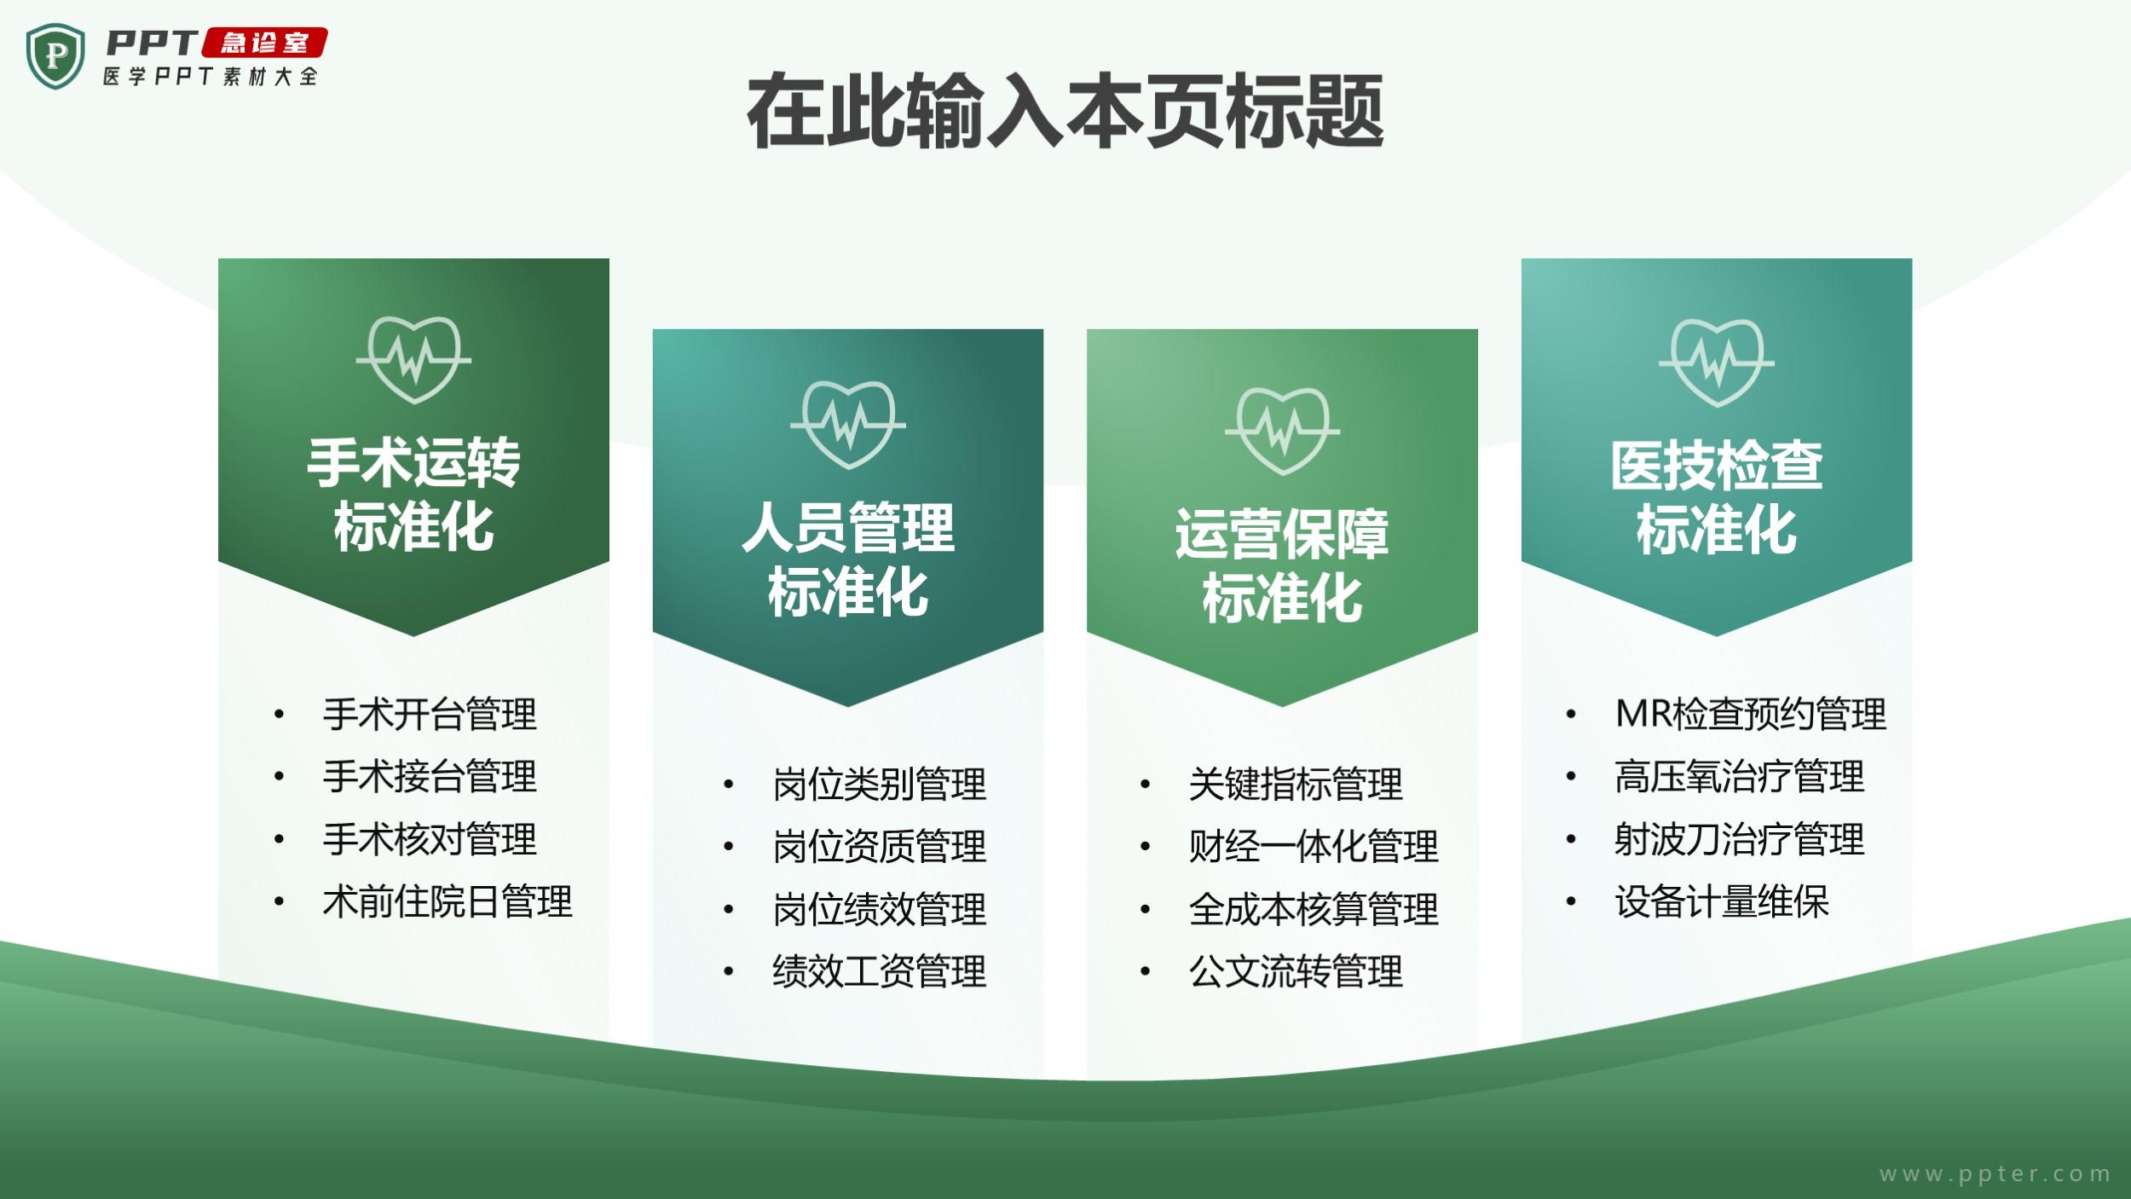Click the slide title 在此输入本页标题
[x=1065, y=112]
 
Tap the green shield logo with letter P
[x=55, y=56]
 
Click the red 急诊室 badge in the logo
[x=264, y=43]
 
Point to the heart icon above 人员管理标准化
[x=848, y=425]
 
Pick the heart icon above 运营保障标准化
[x=1282, y=431]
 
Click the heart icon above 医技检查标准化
[x=1717, y=363]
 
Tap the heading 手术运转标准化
[x=413, y=495]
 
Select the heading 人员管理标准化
[x=848, y=559]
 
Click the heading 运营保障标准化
[x=1282, y=565]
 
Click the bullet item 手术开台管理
[x=430, y=714]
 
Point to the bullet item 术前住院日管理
[x=448, y=901]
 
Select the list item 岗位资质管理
[x=880, y=846]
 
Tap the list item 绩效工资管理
[x=880, y=970]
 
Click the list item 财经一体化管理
[x=1314, y=846]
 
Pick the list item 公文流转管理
[x=1296, y=970]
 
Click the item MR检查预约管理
[x=1751, y=714]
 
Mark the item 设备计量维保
[x=1722, y=901]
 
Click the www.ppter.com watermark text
[x=1995, y=1174]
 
